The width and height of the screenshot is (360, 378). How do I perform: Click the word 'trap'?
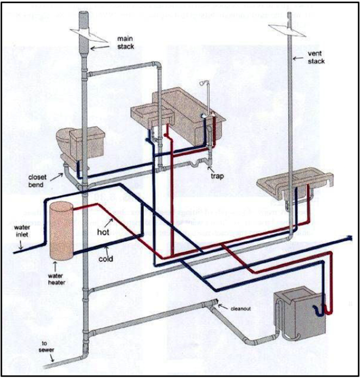coord(217,177)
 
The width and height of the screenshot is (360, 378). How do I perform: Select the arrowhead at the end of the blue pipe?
coord(349,237)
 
